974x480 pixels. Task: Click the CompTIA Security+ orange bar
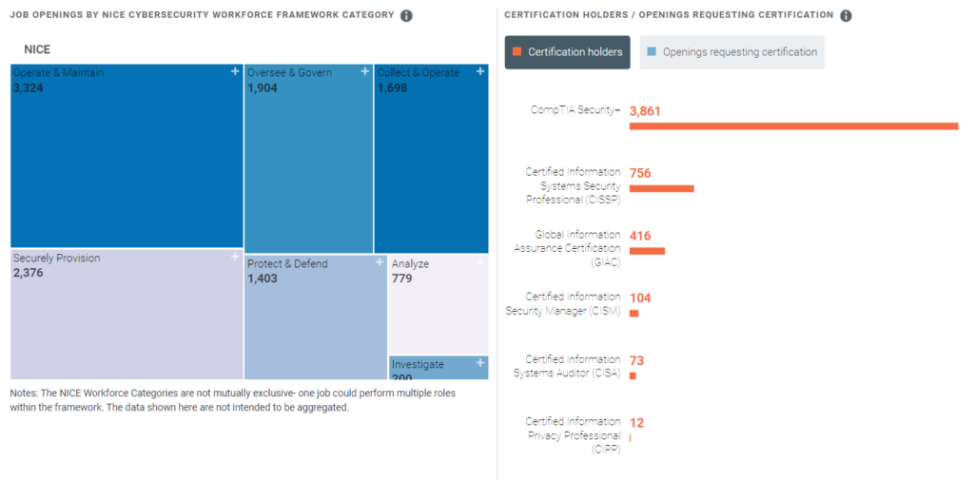(x=793, y=125)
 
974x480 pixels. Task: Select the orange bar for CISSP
(x=661, y=188)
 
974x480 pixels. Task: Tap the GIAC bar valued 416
(x=647, y=251)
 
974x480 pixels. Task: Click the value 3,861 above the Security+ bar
(x=645, y=110)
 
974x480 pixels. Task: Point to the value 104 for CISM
(x=640, y=298)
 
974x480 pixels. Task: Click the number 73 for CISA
(x=636, y=360)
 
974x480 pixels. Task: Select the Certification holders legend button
(x=567, y=52)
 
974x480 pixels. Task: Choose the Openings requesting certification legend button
(x=731, y=52)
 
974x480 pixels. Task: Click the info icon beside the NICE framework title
(x=406, y=16)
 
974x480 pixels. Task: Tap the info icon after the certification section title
(x=847, y=16)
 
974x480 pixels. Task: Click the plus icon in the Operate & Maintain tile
(x=235, y=71)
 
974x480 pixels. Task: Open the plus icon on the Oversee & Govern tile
(x=364, y=71)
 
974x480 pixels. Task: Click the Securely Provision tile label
(x=56, y=259)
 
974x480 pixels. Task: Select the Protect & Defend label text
(x=287, y=264)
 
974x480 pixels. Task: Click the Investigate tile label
(x=418, y=364)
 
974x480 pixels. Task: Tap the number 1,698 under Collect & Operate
(x=392, y=88)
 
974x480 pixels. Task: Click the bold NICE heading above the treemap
(x=37, y=48)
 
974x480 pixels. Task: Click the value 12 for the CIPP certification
(x=636, y=423)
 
